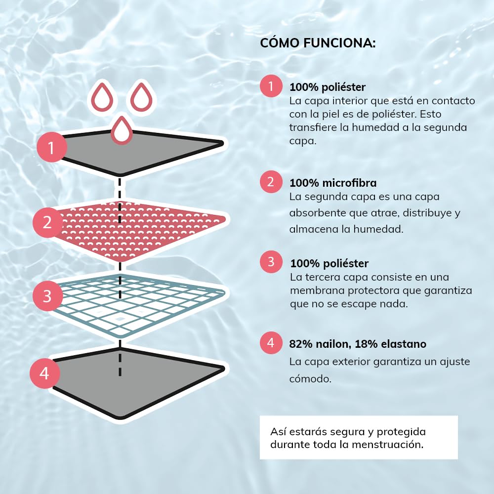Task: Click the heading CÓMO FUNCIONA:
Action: coord(318,43)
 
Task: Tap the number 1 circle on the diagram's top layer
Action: coord(52,147)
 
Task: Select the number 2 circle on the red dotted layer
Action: coord(47,222)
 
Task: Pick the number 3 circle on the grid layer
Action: coord(47,296)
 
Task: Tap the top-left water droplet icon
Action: coord(102,97)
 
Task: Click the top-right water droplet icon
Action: coord(141,97)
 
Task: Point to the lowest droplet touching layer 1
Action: coord(122,130)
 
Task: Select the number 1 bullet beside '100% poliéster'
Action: coord(271,85)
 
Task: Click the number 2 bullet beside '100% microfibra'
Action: coord(271,182)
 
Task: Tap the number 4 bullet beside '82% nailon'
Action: coord(271,343)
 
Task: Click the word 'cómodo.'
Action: coord(310,378)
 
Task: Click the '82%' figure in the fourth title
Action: coord(300,344)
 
